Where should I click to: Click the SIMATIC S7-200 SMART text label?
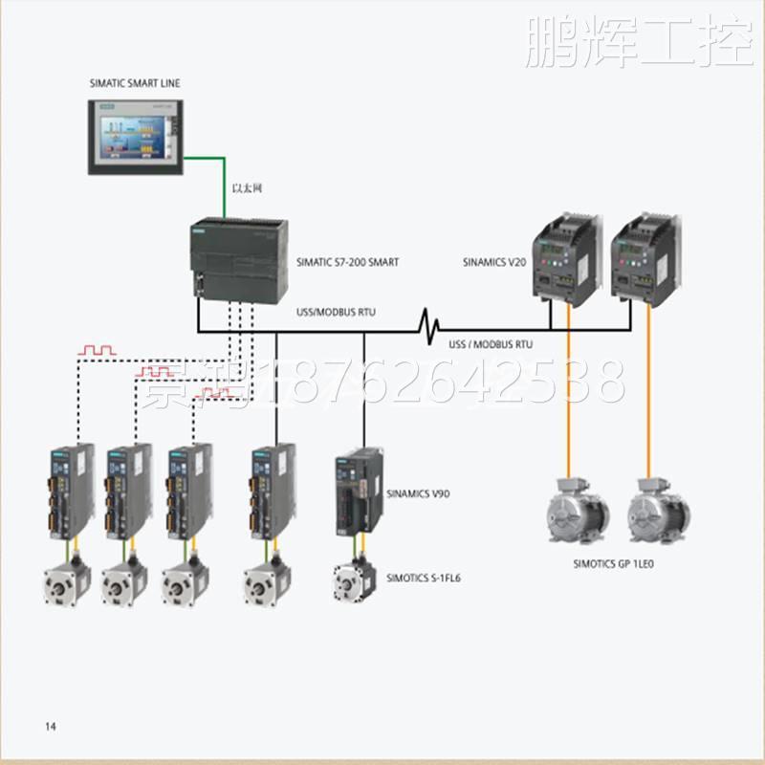347,262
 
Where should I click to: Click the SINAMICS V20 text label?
494,261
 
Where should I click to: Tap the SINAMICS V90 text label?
418,494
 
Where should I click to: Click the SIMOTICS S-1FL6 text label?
424,578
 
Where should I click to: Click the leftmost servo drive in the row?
72,490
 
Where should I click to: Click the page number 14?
51,727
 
